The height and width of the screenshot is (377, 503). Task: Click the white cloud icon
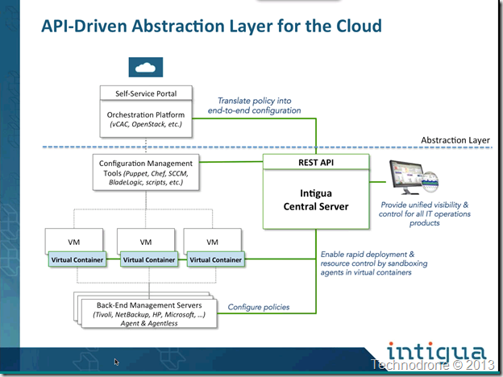point(146,68)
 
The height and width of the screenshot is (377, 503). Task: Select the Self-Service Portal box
point(146,93)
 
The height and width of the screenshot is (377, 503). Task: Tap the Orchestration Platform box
point(146,119)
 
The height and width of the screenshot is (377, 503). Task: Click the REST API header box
point(316,162)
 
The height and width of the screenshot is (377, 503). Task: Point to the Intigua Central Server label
point(316,200)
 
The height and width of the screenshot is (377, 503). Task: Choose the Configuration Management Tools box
point(146,172)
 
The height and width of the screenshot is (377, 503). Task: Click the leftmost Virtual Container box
point(77,259)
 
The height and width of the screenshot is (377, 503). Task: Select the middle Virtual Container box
point(149,259)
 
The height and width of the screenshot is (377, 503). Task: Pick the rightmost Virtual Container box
point(215,259)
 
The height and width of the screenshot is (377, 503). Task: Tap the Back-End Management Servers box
point(149,314)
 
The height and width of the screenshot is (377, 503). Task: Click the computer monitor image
point(414,177)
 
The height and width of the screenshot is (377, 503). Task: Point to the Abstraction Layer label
point(455,140)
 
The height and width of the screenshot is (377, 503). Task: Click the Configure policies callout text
point(259,307)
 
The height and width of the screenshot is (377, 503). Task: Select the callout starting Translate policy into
point(255,106)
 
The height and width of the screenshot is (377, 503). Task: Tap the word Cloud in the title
point(359,26)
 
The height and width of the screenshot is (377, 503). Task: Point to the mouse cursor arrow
point(116,362)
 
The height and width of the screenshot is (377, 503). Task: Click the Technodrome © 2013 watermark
point(432,365)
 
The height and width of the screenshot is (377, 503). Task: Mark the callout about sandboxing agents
point(374,263)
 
